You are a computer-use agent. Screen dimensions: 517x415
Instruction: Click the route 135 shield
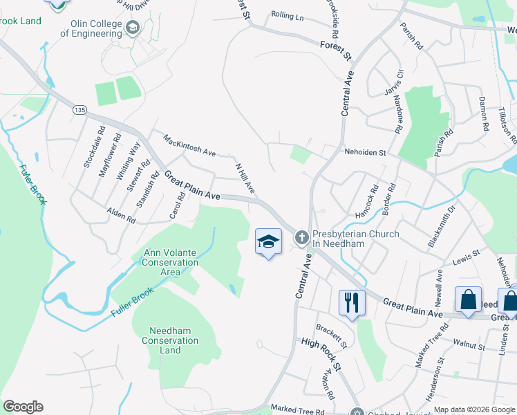pyautogui.click(x=80, y=109)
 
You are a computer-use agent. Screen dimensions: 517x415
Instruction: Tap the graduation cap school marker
pyautogui.click(x=268, y=242)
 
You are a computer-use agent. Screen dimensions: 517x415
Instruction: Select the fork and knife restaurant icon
pyautogui.click(x=352, y=302)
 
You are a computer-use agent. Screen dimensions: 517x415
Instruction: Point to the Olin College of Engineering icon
pyautogui.click(x=133, y=28)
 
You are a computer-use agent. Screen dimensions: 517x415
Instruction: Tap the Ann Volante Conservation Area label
pyautogui.click(x=170, y=262)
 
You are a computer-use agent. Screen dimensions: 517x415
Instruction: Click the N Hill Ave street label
pyautogui.click(x=245, y=178)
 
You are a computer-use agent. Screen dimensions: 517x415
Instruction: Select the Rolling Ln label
pyautogui.click(x=288, y=15)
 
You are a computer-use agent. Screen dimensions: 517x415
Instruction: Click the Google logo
pyautogui.click(x=23, y=407)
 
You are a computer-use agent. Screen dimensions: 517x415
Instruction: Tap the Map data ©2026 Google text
pyautogui.click(x=474, y=409)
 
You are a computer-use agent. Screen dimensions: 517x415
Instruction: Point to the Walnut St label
pyautogui.click(x=469, y=343)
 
